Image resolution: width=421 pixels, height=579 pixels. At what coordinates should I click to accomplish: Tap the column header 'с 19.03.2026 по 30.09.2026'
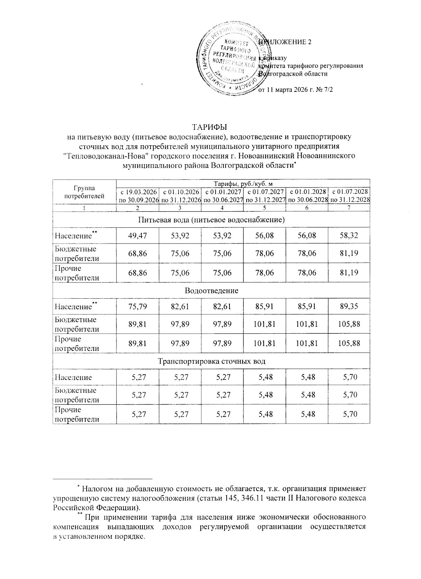(x=138, y=196)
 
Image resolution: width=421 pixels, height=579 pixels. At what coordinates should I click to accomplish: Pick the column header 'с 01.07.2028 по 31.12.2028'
(x=349, y=196)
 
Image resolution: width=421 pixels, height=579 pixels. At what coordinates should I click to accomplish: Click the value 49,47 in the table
(x=138, y=235)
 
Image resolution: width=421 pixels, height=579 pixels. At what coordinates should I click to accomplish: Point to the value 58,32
(x=349, y=235)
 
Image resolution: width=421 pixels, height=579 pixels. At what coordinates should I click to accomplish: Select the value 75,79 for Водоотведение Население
(x=138, y=306)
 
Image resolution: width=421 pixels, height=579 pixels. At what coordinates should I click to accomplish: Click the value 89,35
(x=349, y=306)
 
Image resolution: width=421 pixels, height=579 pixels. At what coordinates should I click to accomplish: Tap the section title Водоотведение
(x=211, y=291)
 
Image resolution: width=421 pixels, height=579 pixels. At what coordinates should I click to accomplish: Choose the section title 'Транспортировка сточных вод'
(x=211, y=361)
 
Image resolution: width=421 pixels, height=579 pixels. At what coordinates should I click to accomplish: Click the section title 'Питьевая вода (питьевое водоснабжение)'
(x=211, y=220)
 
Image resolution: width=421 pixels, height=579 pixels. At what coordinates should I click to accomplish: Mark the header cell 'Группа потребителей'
(x=84, y=192)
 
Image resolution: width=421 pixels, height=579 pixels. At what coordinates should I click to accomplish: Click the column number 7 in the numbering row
(x=349, y=208)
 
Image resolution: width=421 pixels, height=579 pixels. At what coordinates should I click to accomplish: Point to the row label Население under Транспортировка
(x=73, y=377)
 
